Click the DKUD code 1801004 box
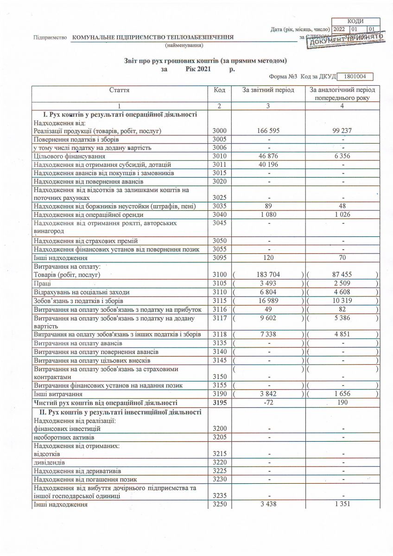coord(355,77)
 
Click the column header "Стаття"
coord(119,90)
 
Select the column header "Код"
coord(219,90)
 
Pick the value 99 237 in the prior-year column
coord(342,131)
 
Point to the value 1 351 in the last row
coord(342,504)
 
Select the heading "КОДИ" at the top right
coord(355,21)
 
